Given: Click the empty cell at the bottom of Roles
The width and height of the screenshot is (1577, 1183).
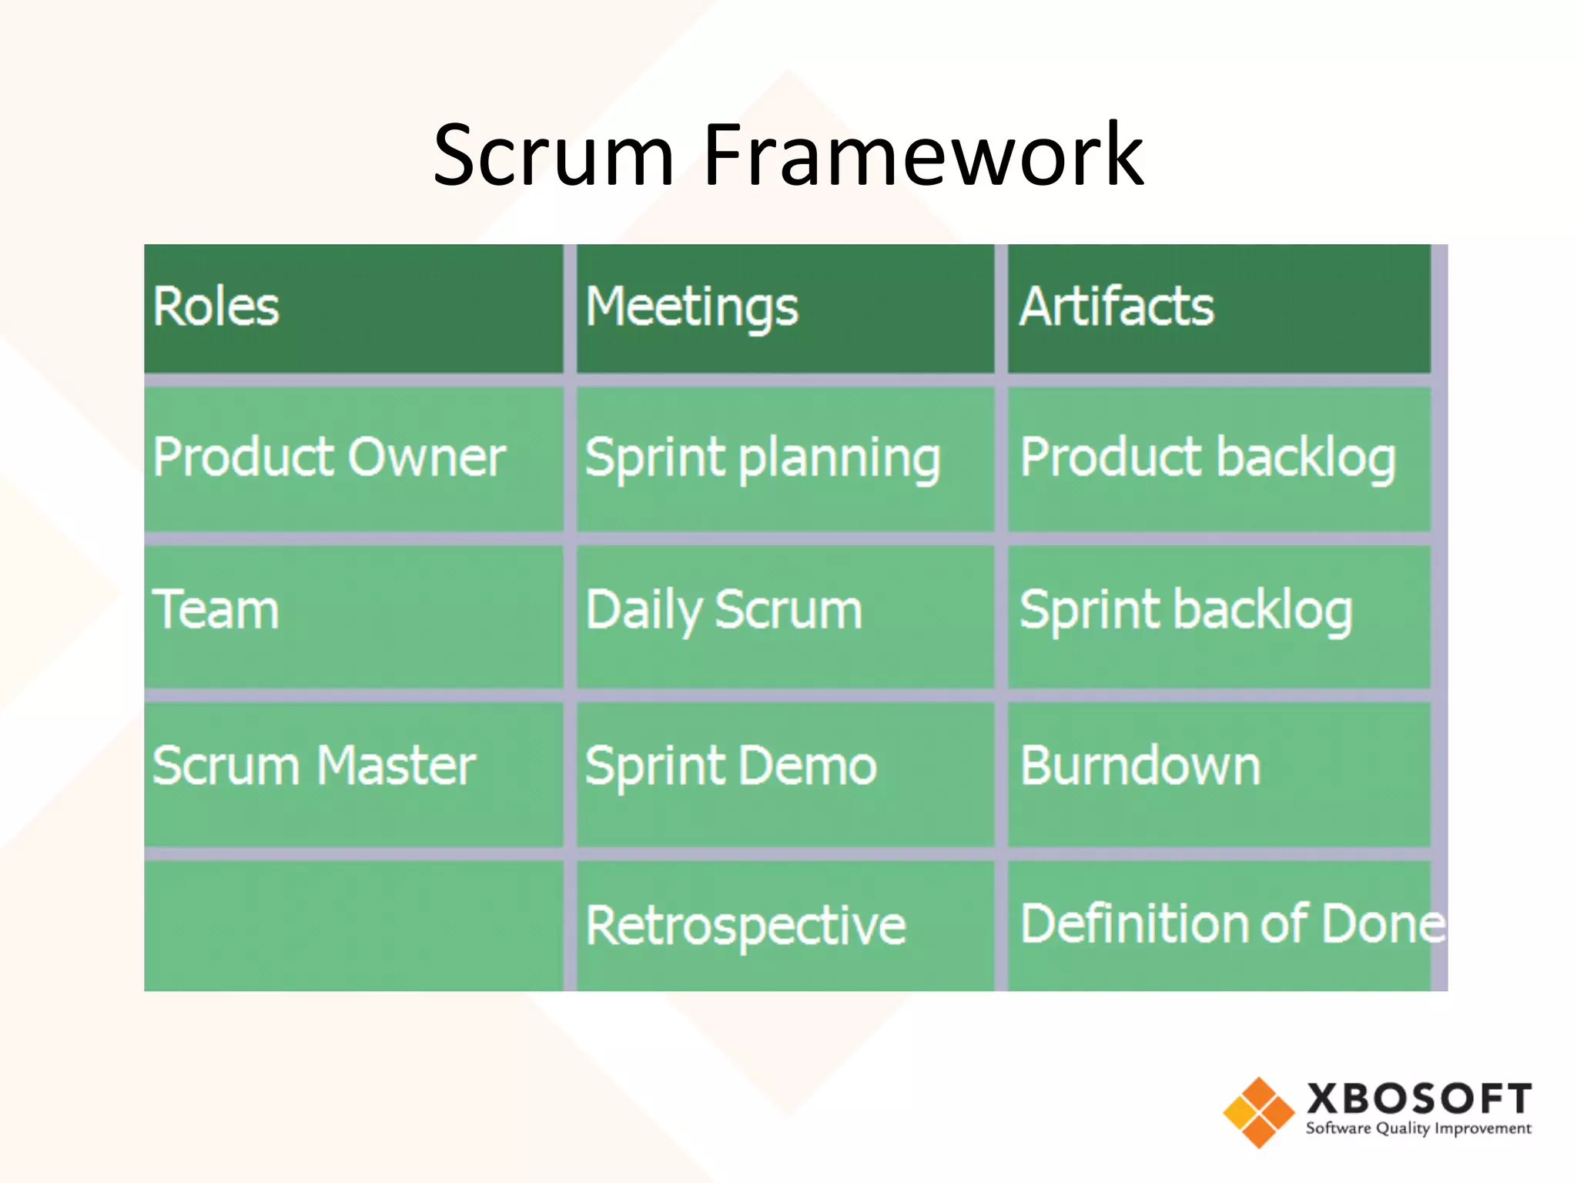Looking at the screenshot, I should pos(353,925).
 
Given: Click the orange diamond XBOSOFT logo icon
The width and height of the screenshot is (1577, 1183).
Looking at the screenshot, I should pos(1258,1112).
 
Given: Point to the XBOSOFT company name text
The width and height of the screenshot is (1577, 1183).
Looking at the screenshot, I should pos(1418,1098).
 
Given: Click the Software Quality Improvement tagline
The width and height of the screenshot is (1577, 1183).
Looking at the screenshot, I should pos(1418,1129).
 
